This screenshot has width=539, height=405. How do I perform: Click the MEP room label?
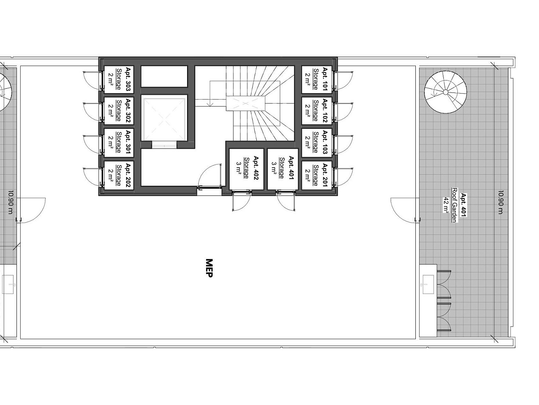209,268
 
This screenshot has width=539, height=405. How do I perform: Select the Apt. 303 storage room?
119,79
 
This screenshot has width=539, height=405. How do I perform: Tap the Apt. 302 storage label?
119,111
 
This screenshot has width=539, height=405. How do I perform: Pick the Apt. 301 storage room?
119,142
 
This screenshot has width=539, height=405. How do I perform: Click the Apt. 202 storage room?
119,175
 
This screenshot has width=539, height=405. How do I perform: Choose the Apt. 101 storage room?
317,79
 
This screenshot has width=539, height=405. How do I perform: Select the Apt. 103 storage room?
317,142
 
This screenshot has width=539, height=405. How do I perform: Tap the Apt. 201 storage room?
317,175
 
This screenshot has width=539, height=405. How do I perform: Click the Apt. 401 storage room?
283,169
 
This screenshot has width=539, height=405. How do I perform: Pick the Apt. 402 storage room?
246,169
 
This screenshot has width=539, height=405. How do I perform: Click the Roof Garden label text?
454,205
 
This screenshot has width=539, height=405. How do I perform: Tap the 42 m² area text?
446,205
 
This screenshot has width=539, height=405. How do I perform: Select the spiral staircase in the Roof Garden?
445,92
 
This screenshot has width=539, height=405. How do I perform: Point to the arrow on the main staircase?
209,93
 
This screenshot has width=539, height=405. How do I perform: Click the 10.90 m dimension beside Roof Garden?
501,202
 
